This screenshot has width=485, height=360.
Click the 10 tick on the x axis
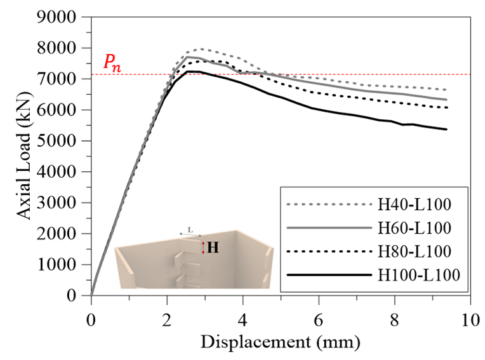tap(470, 317)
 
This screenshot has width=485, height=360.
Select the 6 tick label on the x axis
tap(319, 317)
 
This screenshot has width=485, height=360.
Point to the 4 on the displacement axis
tap(243, 317)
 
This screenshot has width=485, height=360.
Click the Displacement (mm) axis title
tap(281, 343)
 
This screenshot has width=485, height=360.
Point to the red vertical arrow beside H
tap(203, 247)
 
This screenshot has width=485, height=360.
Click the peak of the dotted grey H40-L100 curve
tap(202, 48)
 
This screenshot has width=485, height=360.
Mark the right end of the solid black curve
tap(446, 130)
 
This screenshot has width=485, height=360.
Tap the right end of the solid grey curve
tap(446, 100)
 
